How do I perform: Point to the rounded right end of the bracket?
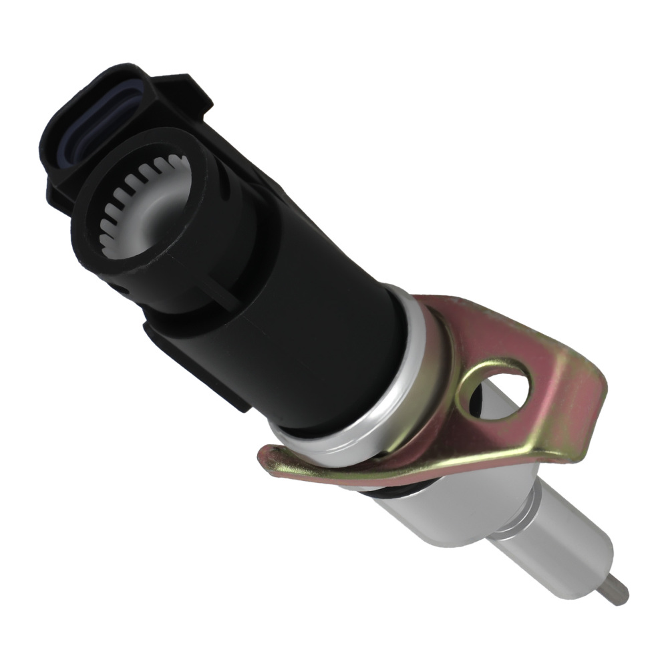[x=588, y=428]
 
